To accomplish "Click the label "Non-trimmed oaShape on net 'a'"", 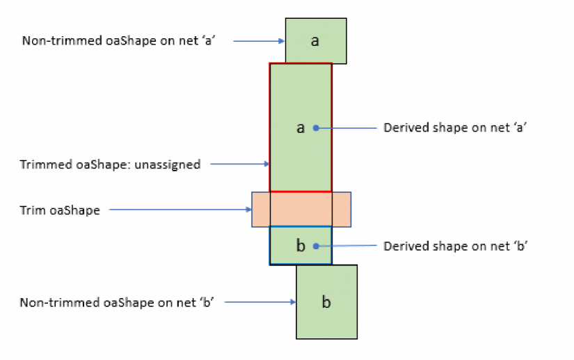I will click(118, 41).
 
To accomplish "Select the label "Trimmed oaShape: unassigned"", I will click(111, 165).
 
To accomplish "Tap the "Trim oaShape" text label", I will click(60, 210).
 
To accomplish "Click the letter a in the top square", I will click(315, 41).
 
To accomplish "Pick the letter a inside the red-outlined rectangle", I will click(301, 128).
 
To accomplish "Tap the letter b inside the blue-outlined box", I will click(301, 246).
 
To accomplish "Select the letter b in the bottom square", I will click(326, 302).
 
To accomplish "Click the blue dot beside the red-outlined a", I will click(316, 128).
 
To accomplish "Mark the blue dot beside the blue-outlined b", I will click(316, 246).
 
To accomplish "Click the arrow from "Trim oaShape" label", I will click(181, 210).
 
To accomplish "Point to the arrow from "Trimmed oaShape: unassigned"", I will click(240, 164).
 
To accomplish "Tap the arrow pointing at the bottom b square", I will click(262, 302).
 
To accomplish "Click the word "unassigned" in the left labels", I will click(168, 165).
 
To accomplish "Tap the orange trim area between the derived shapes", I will click(301, 209).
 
